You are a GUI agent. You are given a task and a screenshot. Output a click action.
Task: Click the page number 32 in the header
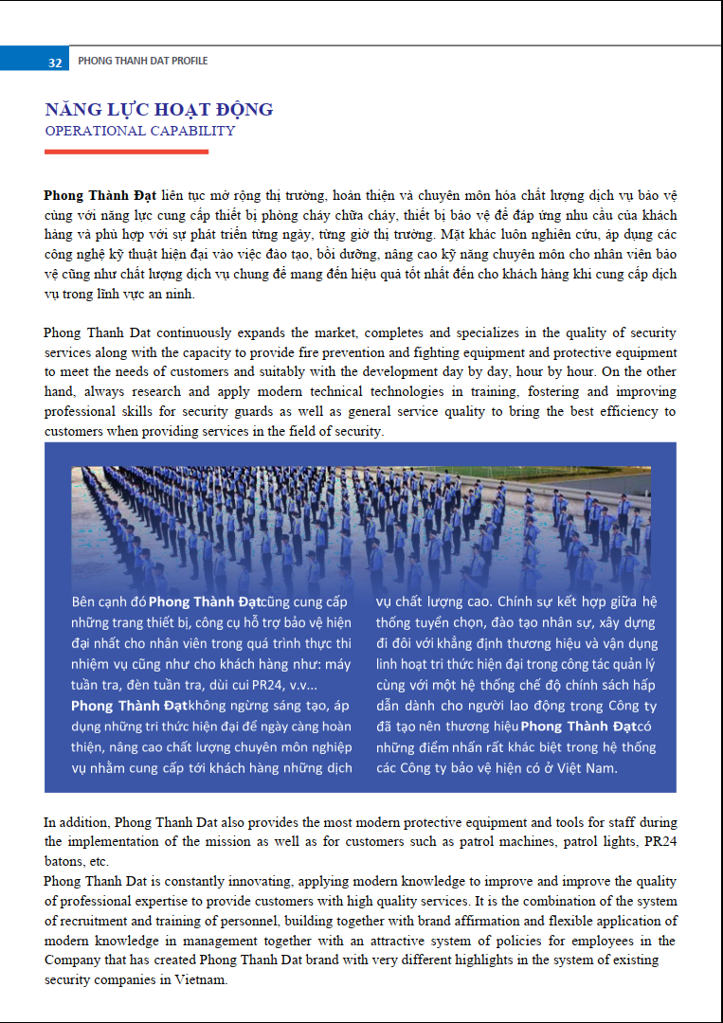point(55,62)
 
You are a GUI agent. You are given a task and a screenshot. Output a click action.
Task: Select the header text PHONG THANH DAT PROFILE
point(142,61)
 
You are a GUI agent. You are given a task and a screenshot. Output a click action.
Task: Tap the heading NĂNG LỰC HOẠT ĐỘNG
point(159,110)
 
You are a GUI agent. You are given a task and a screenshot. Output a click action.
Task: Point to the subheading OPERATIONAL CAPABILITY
point(140,132)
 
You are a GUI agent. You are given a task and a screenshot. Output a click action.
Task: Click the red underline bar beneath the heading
point(126,152)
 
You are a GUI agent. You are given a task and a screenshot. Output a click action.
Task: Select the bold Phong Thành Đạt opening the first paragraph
point(100,196)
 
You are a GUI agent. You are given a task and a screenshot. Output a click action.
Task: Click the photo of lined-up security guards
point(360,526)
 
